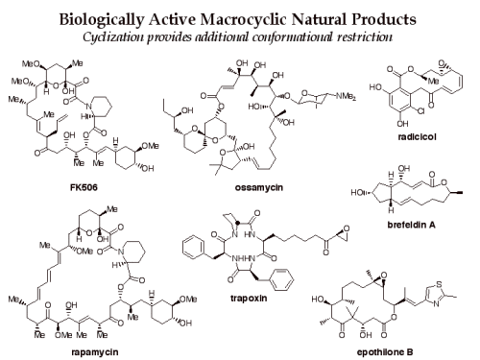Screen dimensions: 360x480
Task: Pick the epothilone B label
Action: coord(397,350)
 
